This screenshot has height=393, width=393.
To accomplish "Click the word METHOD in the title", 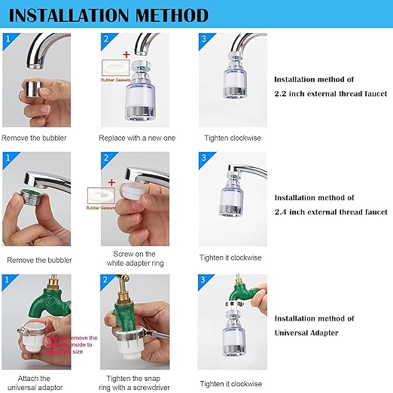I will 172,14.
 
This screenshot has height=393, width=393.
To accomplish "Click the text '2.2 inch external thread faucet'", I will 330,93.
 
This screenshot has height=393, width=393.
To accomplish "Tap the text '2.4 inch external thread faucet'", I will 330,212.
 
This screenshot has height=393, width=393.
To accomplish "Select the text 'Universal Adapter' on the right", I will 306,332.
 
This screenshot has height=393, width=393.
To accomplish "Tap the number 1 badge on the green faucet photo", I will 8,280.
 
